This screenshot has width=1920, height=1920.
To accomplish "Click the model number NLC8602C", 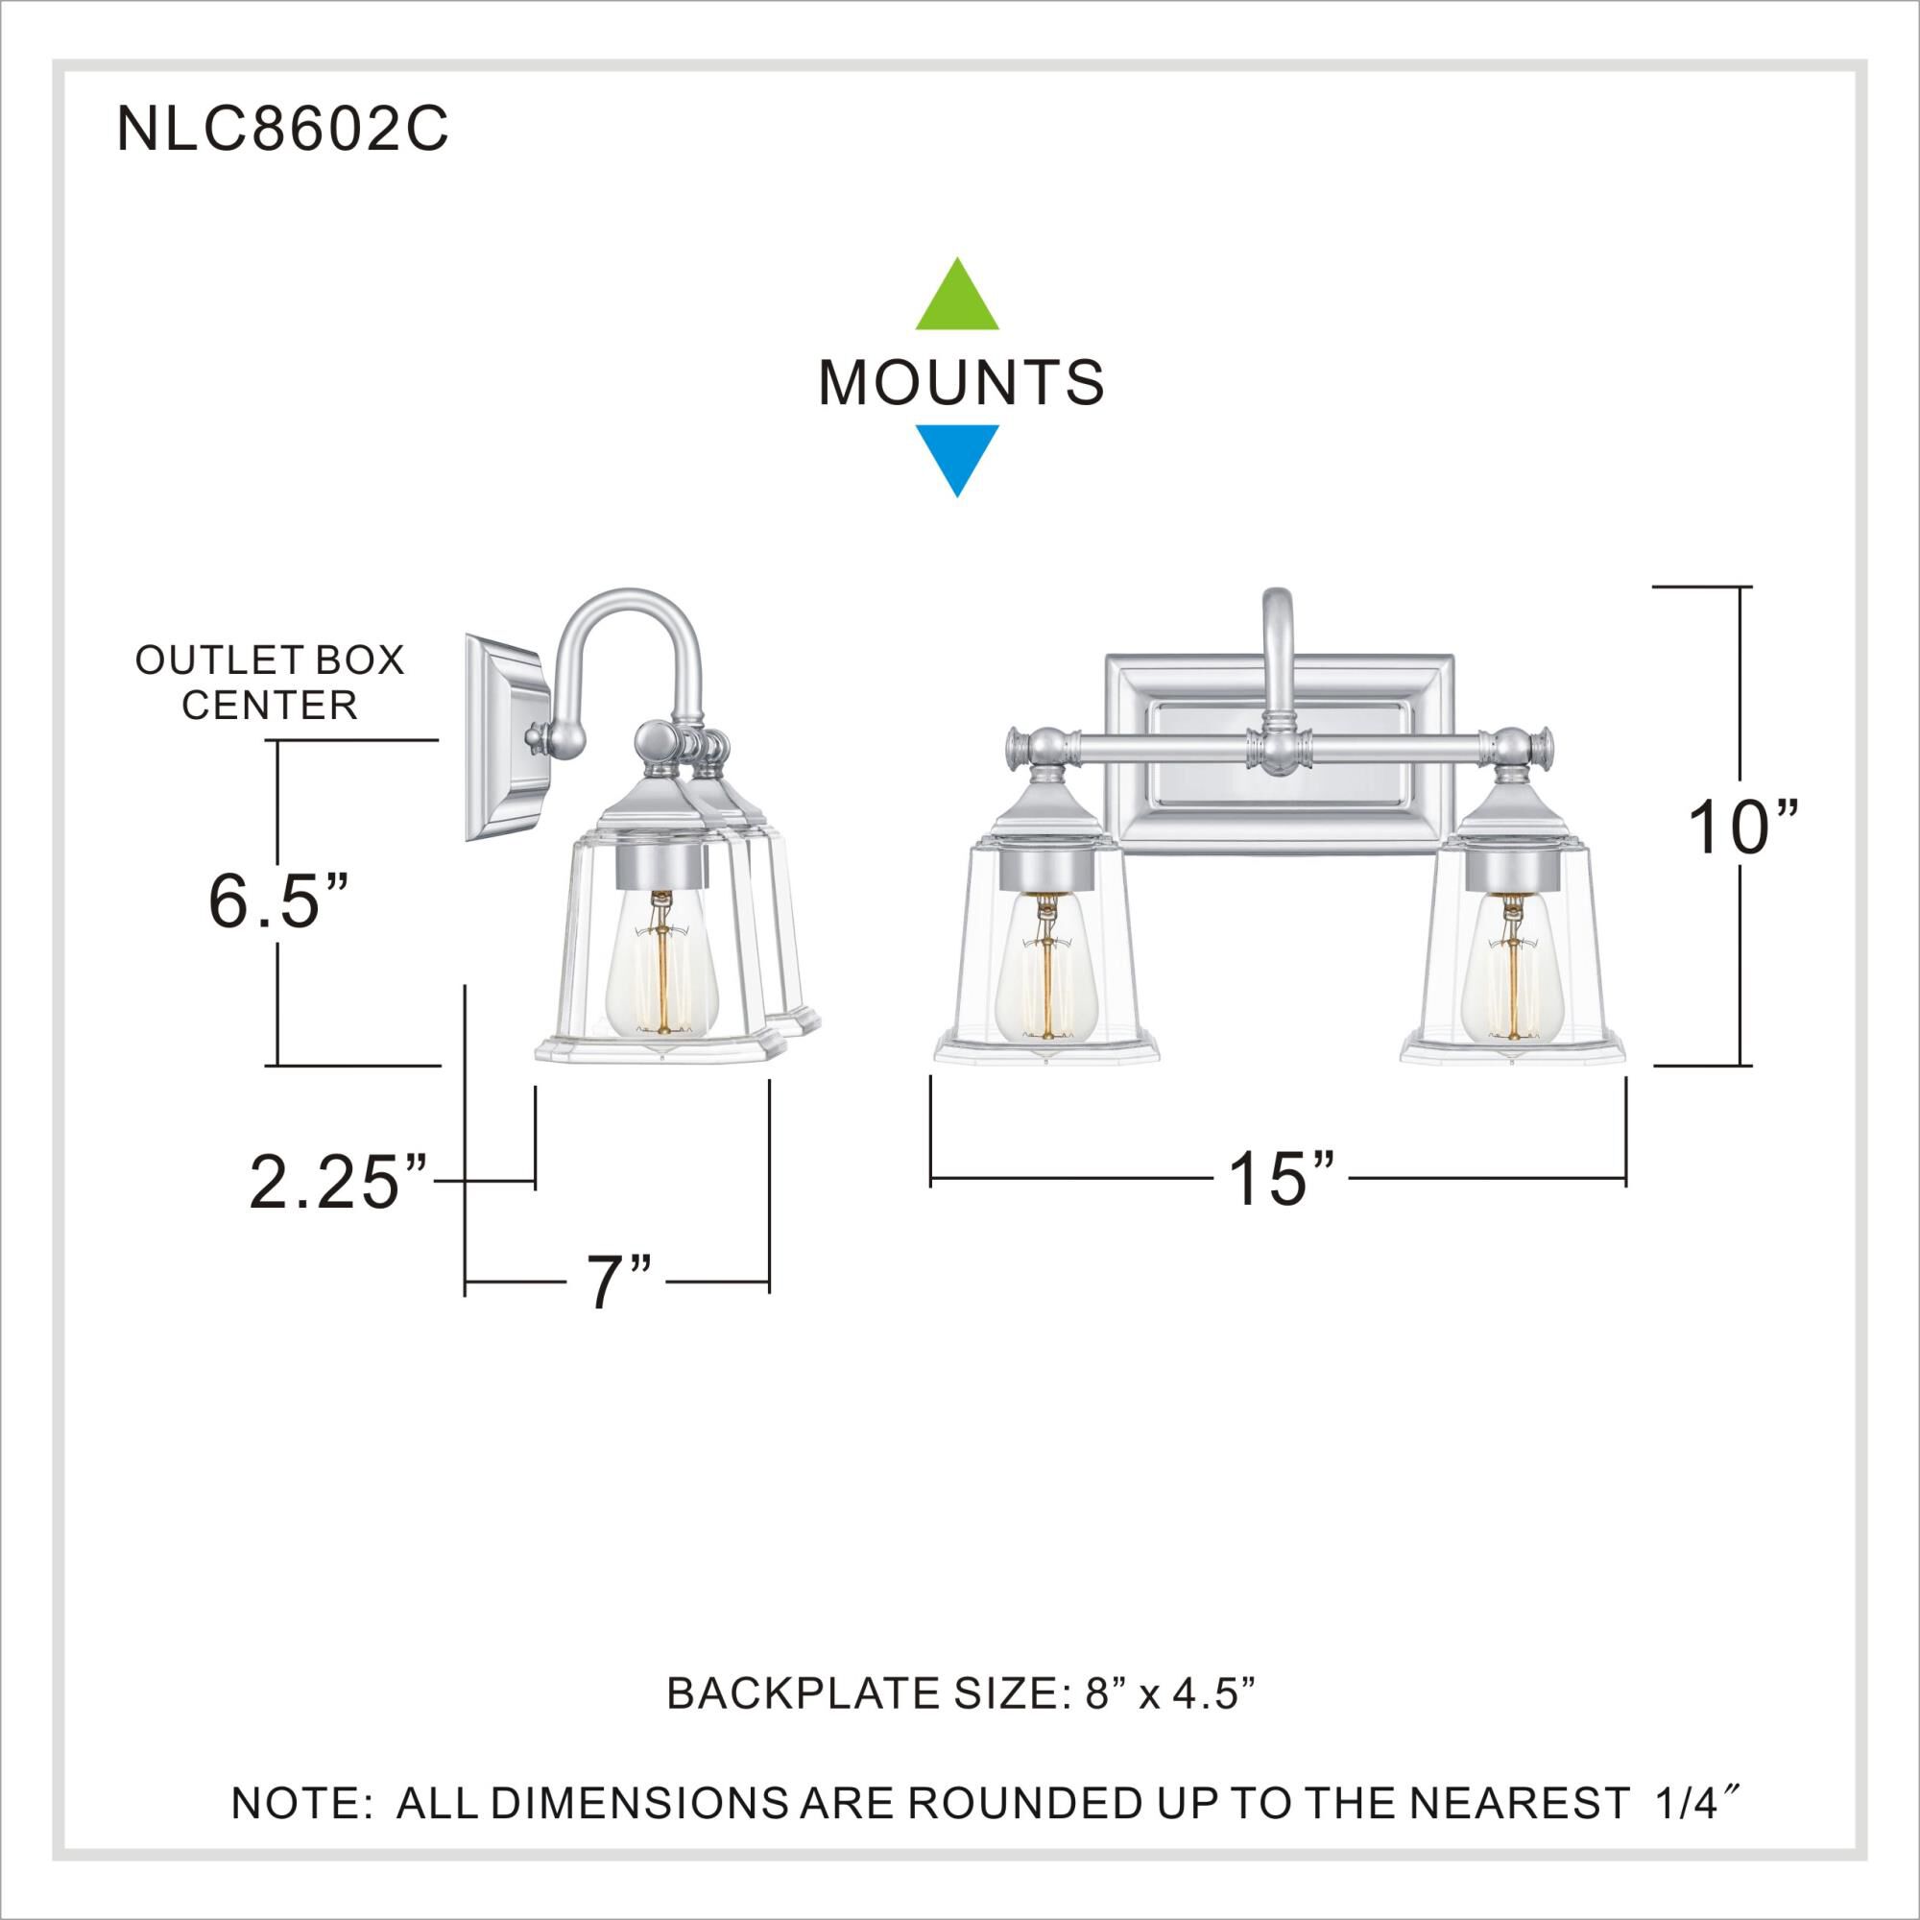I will [x=282, y=131].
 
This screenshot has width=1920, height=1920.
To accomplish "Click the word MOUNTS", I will [x=960, y=382].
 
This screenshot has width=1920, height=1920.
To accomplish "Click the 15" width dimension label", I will [x=1281, y=1179].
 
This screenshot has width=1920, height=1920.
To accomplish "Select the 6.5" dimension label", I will [x=278, y=901].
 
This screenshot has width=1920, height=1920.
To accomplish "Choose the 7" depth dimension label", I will [x=617, y=1283].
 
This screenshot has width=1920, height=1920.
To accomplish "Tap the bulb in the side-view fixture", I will [x=660, y=978].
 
